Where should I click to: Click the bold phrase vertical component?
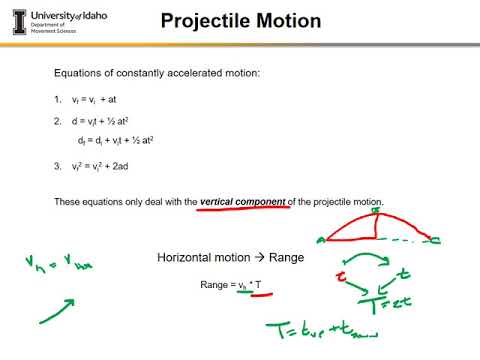[243, 201]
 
